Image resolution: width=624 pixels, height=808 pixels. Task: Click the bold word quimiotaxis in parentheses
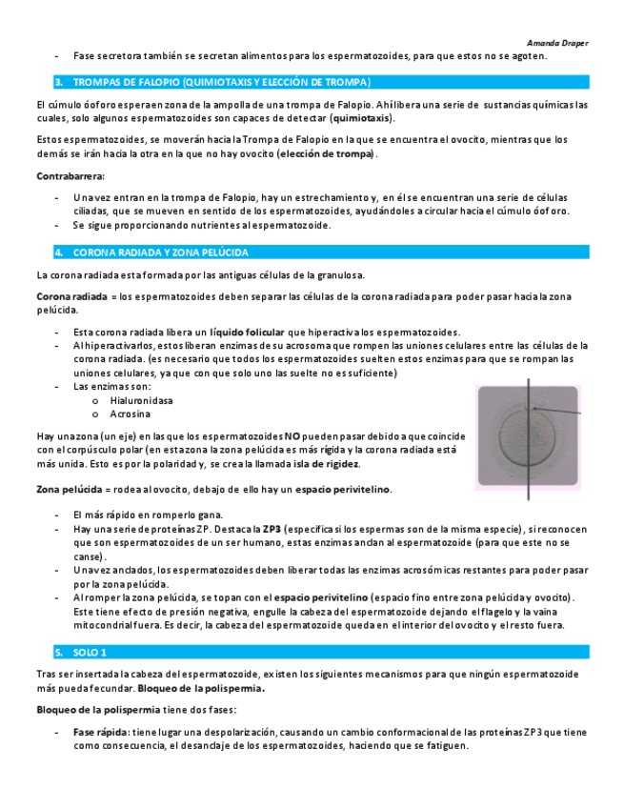click(x=361, y=118)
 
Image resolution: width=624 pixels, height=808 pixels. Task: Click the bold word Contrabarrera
click(x=70, y=176)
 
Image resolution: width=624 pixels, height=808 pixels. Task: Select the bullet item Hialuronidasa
click(x=141, y=401)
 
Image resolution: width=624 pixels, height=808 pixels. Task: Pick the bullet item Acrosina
click(x=129, y=416)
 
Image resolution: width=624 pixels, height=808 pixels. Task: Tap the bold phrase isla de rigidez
click(x=326, y=464)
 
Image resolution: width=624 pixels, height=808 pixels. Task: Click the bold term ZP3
click(x=272, y=528)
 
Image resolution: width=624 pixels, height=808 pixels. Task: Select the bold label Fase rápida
click(x=101, y=732)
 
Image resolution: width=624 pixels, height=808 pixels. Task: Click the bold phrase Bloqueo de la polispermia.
click(x=201, y=687)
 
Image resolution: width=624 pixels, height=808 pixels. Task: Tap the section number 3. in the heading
click(x=59, y=82)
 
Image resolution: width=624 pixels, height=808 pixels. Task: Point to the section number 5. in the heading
click(x=59, y=652)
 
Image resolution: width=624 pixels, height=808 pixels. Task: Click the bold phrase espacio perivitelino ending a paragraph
click(x=342, y=489)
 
